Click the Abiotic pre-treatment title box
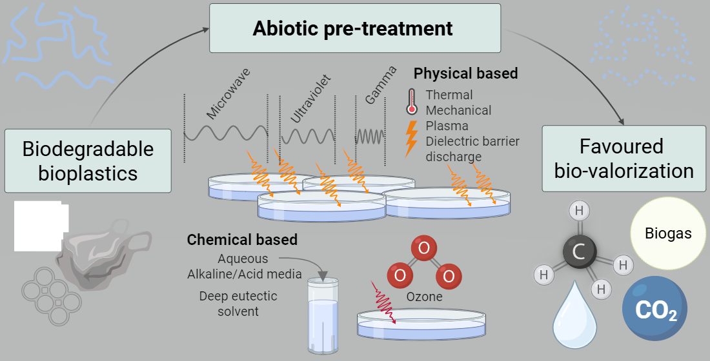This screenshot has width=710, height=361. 355,28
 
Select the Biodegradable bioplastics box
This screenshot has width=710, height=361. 88,161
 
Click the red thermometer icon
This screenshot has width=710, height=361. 411,101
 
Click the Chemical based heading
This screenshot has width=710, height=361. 242,240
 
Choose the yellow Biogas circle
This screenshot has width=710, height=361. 668,233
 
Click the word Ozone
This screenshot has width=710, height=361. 424,297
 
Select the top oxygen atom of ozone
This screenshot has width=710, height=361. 423,248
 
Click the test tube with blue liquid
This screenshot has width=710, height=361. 322,316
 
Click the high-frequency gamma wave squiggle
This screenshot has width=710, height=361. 370,136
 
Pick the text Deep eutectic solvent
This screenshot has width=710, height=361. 238,304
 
